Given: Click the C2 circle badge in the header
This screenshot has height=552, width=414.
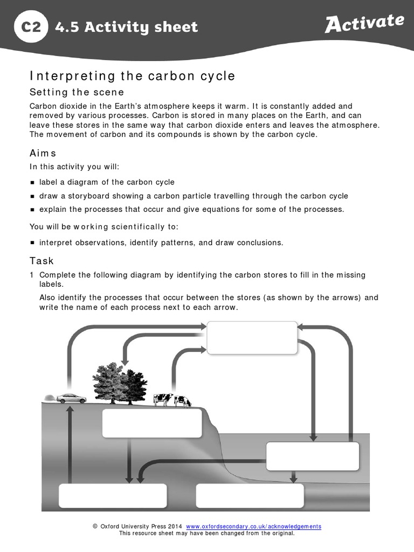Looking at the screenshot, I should pos(31,26).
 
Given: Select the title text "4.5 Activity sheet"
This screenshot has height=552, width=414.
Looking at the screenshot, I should pos(126,27).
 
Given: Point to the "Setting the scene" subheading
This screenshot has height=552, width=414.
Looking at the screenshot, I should pos(77,92).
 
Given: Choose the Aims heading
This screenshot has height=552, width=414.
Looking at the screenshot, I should pos(43,154).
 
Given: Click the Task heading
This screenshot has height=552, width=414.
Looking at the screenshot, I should pos(42,261).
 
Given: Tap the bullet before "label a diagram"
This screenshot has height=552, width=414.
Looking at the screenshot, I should pos(32,183).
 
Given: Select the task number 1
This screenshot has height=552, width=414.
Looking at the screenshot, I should pos(32,275).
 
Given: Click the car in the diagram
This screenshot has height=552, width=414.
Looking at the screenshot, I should pos(71,398).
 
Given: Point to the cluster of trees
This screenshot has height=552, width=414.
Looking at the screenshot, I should pos(120,382).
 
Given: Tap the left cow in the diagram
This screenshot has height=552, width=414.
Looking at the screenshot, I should pos(162,399).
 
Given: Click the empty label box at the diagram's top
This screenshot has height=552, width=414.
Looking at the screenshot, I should pos(252,337).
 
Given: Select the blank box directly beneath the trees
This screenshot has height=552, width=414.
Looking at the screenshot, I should pos(152,423).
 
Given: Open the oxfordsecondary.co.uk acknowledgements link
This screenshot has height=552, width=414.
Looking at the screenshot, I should pos(253,527).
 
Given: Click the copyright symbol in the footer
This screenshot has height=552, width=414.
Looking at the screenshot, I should pos(95,527).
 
